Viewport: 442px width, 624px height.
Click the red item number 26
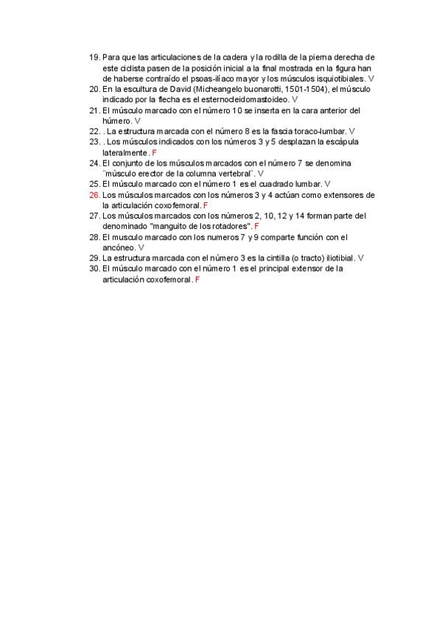(94, 195)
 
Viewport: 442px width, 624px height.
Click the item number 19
(94, 57)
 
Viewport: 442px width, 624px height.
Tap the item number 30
(94, 269)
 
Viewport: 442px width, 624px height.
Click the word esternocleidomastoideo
(248, 99)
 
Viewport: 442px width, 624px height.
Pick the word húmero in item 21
(116, 120)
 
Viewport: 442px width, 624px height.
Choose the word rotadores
(229, 227)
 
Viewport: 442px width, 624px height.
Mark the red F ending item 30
(197, 280)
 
